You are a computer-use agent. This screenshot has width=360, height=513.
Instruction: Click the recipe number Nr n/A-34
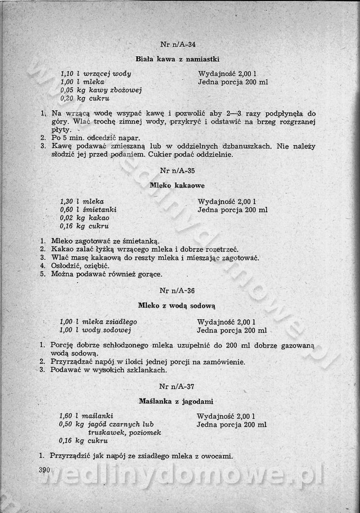(178, 45)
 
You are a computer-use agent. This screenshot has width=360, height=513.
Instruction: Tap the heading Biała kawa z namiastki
(177, 59)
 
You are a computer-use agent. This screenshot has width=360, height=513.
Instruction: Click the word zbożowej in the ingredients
(127, 90)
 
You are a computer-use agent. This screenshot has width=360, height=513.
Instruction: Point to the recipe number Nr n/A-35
(178, 170)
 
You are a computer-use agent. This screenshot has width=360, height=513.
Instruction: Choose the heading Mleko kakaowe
(177, 185)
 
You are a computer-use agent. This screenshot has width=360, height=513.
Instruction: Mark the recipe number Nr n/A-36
(177, 290)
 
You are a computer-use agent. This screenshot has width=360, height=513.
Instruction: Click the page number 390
(44, 470)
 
